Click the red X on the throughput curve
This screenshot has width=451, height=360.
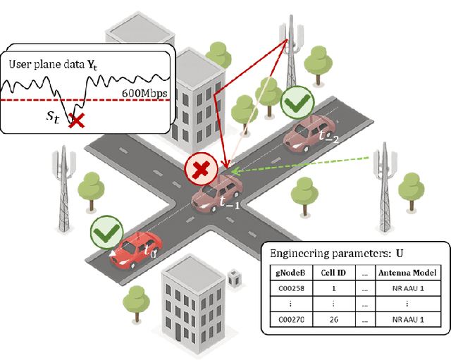(76, 120)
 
